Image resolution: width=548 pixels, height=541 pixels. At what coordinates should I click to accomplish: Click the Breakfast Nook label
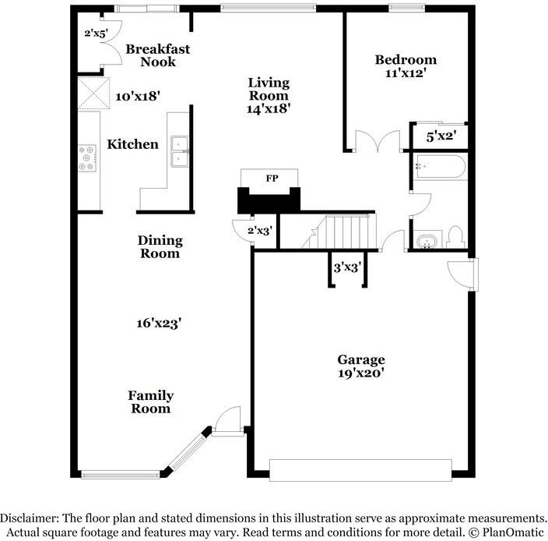pyautogui.click(x=157, y=55)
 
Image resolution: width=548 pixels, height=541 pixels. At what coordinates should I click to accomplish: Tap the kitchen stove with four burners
pyautogui.click(x=87, y=157)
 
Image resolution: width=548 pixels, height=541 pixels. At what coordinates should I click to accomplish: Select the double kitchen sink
pyautogui.click(x=179, y=151)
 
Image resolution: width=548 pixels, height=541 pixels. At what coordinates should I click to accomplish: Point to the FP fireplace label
pyautogui.click(x=272, y=178)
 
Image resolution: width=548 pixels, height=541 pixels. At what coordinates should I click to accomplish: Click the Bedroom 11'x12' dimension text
pyautogui.click(x=406, y=73)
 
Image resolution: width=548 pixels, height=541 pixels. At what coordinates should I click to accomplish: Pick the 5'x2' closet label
pyautogui.click(x=441, y=136)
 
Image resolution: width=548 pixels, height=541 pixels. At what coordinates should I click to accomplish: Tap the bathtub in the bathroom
pyautogui.click(x=440, y=168)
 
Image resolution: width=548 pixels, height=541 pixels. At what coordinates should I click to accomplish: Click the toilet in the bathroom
pyautogui.click(x=455, y=237)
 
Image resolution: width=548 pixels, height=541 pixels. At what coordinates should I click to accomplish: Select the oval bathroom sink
pyautogui.click(x=427, y=242)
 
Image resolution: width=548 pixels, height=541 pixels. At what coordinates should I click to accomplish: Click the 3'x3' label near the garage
pyautogui.click(x=347, y=267)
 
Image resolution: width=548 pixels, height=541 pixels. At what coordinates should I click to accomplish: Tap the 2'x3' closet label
pyautogui.click(x=260, y=231)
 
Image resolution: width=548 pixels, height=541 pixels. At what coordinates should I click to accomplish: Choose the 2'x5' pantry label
pyautogui.click(x=96, y=34)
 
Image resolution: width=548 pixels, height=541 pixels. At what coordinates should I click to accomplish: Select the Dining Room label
pyautogui.click(x=160, y=246)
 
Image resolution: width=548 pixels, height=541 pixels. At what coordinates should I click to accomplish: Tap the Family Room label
pyautogui.click(x=151, y=402)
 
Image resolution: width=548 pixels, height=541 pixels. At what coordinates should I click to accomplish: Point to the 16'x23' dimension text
pyautogui.click(x=159, y=323)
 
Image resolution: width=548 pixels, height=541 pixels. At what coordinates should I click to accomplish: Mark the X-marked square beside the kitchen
pyautogui.click(x=93, y=94)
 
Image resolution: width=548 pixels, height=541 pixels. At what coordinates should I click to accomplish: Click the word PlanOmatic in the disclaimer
pyautogui.click(x=513, y=532)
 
